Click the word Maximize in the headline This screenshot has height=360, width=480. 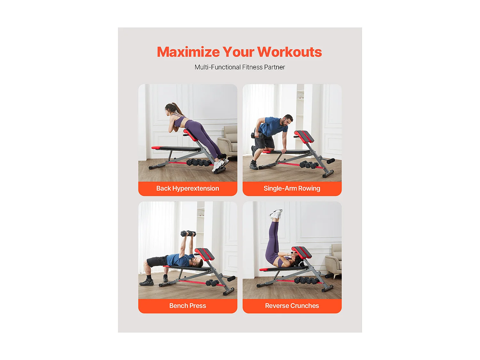(x=188, y=52)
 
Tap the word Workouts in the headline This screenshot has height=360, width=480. (x=289, y=52)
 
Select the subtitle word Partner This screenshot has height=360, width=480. (x=274, y=67)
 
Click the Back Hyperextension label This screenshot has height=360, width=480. (x=188, y=188)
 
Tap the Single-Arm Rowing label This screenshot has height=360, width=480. (x=292, y=188)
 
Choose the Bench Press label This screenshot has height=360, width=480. (x=188, y=306)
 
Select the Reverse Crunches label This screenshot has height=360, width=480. (x=292, y=306)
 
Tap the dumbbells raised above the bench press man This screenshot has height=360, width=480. (x=188, y=234)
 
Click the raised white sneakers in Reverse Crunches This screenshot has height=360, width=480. (x=276, y=214)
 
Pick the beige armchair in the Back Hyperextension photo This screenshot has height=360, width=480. (x=228, y=140)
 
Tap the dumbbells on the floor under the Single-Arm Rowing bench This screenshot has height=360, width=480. (x=309, y=164)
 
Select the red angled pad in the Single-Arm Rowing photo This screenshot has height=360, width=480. (x=304, y=136)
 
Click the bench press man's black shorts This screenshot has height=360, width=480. (x=156, y=261)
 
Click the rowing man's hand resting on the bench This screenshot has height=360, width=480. (x=284, y=151)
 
